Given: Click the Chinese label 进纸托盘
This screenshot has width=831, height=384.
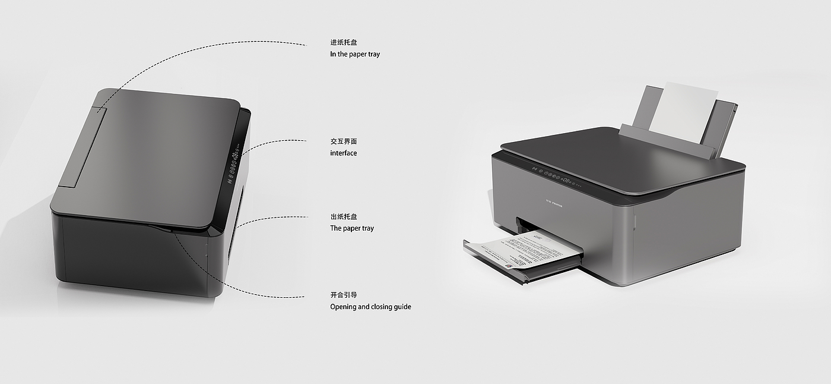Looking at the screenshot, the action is pos(344,42).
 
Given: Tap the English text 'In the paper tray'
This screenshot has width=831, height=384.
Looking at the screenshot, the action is pos(355,54).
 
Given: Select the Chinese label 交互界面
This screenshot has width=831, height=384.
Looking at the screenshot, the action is pos(344,141).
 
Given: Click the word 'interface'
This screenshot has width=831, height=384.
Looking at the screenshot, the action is pos(344,153).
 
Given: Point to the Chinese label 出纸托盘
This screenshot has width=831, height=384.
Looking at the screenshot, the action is pos(344,217).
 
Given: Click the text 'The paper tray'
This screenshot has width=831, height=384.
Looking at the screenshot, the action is pos(352,228).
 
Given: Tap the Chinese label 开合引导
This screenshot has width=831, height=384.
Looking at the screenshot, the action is pos(344,295).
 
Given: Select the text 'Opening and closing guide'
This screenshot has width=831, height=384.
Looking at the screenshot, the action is pos(370,307).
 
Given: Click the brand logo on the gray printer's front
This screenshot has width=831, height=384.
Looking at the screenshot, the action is pos(554,204).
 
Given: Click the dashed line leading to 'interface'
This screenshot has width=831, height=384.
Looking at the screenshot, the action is pos(273,142).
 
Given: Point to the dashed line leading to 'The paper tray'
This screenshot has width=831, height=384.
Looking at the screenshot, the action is pos(273,218).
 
